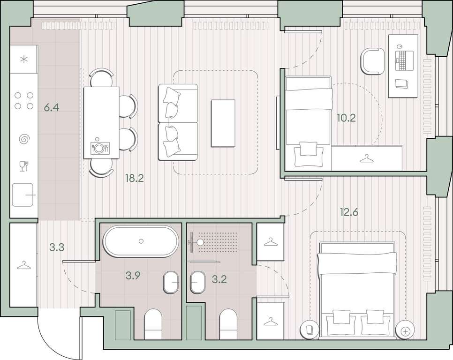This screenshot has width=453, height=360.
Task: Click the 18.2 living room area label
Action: [x=134, y=179]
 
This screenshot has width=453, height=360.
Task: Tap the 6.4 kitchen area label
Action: [x=52, y=107]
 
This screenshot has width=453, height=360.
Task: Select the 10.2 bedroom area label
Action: [x=347, y=118]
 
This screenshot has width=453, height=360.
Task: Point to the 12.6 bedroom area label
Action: [x=349, y=212]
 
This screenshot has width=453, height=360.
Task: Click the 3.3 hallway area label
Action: [x=57, y=247]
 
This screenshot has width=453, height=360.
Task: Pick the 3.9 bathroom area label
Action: [x=133, y=276]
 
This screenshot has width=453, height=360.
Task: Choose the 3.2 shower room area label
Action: [x=219, y=279]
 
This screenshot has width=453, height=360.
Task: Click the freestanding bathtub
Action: [x=141, y=241]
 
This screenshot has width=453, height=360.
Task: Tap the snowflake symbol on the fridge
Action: [x=24, y=60]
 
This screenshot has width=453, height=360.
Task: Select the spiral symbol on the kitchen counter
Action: [x=24, y=139]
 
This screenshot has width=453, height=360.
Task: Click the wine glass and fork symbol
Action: [x=24, y=166]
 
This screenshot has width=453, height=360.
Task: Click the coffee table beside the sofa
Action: [x=223, y=124]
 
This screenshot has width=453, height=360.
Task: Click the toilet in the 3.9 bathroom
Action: [x=153, y=324]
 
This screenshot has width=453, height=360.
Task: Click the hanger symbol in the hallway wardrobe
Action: [x=24, y=265]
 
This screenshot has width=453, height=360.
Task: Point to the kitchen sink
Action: [x=23, y=195]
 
